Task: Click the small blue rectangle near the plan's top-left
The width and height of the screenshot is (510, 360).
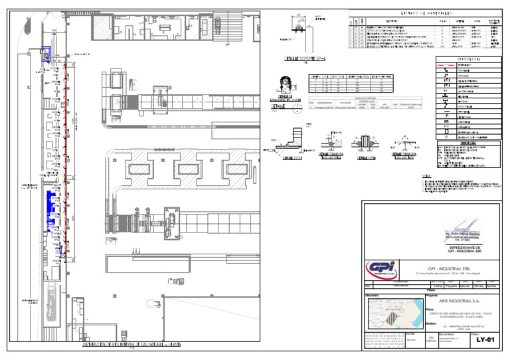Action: coord(44,52)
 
